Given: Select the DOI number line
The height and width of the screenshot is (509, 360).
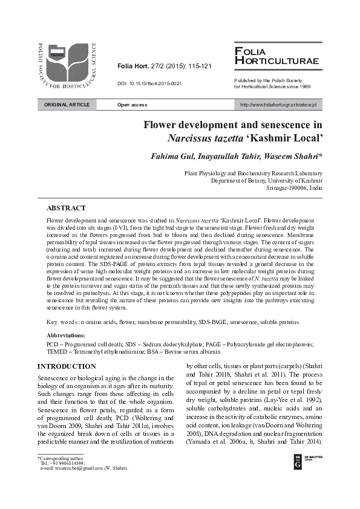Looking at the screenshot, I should click(x=149, y=83).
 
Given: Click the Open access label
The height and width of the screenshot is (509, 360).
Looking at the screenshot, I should click(x=132, y=105).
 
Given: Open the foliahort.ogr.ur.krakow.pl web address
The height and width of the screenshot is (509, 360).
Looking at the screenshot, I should click(x=278, y=105).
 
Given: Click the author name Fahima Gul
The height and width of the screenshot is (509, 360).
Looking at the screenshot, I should click(x=171, y=157).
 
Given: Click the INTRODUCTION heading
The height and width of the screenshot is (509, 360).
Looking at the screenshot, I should click(x=67, y=366).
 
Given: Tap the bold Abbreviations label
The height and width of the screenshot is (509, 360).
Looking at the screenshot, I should click(x=66, y=334).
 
